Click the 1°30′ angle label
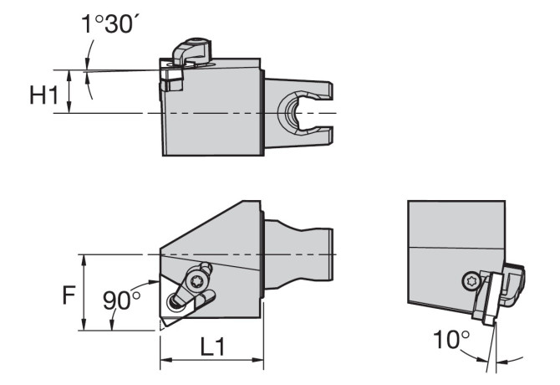click(110, 24)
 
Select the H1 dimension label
click(43, 95)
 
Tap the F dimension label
click(69, 295)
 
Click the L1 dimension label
click(212, 346)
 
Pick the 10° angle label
click(451, 339)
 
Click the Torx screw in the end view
click(469, 281)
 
